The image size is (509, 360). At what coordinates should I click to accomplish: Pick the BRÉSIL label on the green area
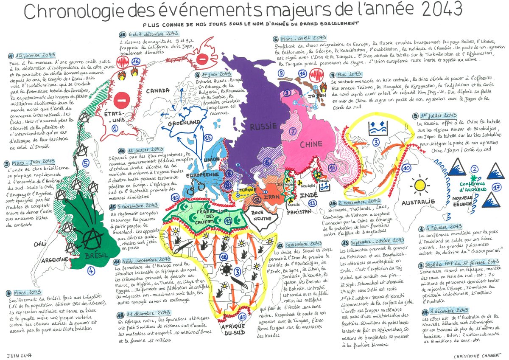click(94, 256)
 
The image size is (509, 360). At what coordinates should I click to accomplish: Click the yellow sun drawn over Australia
click(420, 185)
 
